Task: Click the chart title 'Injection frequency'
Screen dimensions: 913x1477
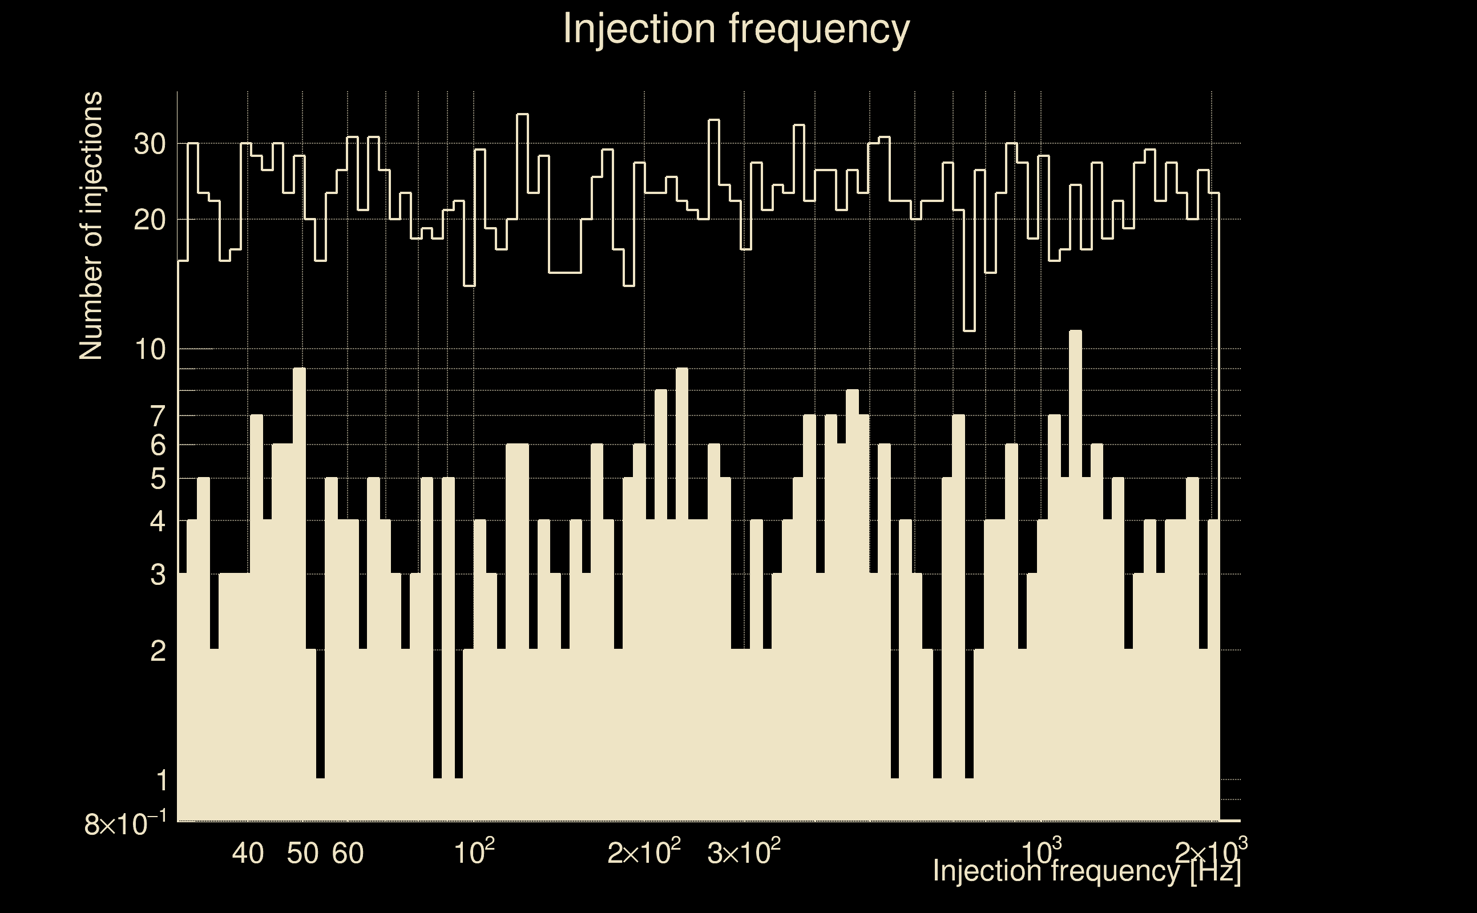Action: (x=736, y=29)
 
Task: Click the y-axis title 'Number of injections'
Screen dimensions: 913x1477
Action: (x=91, y=226)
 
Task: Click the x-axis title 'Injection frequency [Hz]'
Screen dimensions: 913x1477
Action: (x=1086, y=871)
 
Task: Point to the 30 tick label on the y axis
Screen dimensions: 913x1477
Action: (x=149, y=144)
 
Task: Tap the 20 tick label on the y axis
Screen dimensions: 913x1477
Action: (x=149, y=220)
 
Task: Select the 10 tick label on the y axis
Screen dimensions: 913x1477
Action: (x=149, y=350)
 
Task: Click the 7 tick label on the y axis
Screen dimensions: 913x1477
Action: (x=158, y=417)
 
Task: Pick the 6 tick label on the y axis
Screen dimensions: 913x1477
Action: (x=158, y=446)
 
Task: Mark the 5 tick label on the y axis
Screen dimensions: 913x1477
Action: (x=158, y=479)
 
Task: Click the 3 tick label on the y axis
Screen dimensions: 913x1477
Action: (x=158, y=575)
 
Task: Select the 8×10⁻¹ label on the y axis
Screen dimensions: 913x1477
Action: (x=125, y=824)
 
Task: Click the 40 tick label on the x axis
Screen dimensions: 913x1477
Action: (x=248, y=853)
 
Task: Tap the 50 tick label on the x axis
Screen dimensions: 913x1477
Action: (x=302, y=853)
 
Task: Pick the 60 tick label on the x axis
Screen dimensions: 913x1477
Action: (x=348, y=853)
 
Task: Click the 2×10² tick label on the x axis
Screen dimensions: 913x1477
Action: (x=644, y=853)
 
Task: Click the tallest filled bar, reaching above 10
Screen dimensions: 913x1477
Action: (x=1075, y=573)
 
